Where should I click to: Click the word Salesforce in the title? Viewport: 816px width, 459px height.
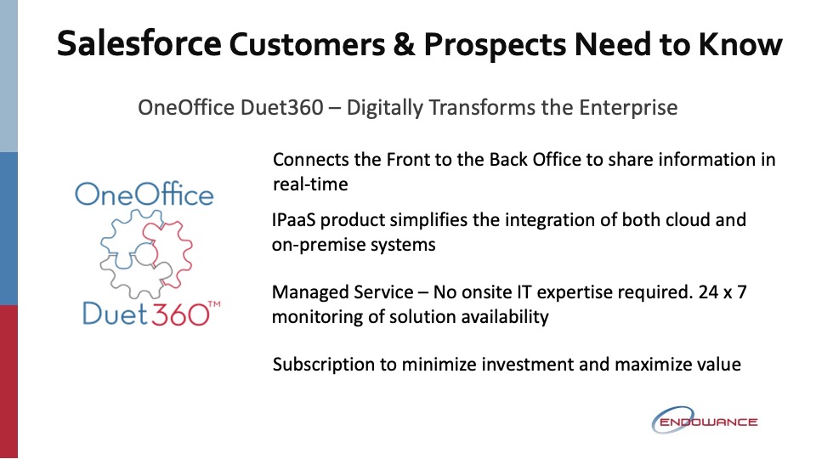click(x=139, y=43)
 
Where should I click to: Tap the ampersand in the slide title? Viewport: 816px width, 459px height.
click(x=404, y=44)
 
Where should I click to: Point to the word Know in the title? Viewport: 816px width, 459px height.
click(x=740, y=44)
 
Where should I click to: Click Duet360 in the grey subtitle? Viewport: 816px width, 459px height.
click(x=282, y=108)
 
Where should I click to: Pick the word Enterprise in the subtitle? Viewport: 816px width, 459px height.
click(x=628, y=108)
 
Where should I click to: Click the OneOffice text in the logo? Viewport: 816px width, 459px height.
click(x=144, y=194)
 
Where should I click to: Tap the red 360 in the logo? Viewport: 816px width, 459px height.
click(x=180, y=314)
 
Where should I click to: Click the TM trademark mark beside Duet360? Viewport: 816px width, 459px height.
click(x=214, y=303)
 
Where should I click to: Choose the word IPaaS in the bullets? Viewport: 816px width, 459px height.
click(x=293, y=220)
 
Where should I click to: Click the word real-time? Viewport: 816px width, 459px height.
click(x=310, y=184)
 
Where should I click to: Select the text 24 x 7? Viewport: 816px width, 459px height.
click(x=722, y=292)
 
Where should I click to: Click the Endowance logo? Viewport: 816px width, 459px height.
click(x=704, y=421)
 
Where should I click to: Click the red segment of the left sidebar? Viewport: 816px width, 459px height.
click(x=8, y=382)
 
